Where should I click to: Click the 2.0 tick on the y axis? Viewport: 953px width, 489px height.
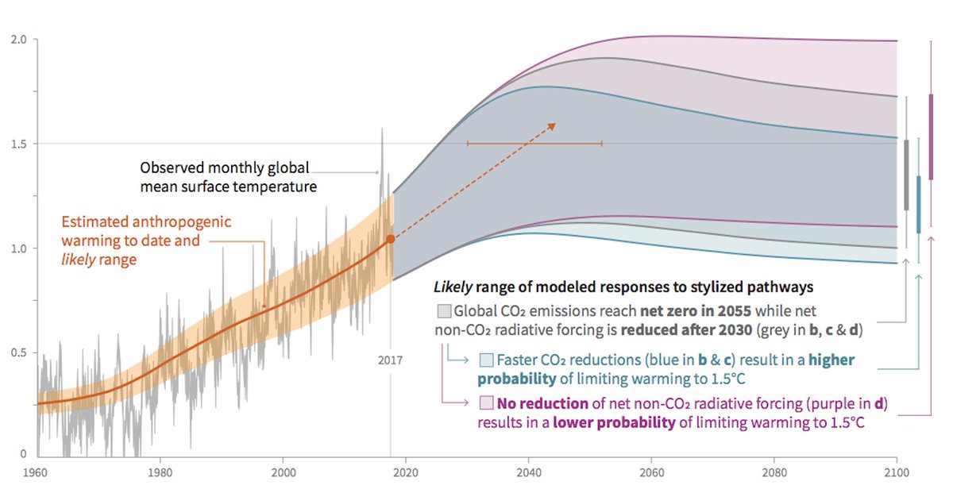coord(17,40)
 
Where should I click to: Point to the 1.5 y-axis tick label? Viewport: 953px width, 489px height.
coord(17,144)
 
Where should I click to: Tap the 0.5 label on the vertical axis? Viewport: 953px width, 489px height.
coord(17,352)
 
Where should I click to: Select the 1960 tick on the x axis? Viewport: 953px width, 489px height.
coord(37,472)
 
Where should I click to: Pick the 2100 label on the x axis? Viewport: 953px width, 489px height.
coord(897,472)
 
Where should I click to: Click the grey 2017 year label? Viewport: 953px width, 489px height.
coord(390,360)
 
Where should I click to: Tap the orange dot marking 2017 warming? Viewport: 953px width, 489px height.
coord(390,238)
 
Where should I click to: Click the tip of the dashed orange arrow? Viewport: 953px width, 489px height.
coord(555,125)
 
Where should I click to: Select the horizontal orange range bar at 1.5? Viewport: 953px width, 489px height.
coord(534,144)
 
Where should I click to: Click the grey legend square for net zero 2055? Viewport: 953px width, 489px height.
coord(444,310)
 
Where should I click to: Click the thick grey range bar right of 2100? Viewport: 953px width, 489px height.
coord(906,175)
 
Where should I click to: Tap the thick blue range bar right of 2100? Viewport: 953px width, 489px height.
coord(919,205)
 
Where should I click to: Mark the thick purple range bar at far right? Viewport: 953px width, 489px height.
coord(931,137)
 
